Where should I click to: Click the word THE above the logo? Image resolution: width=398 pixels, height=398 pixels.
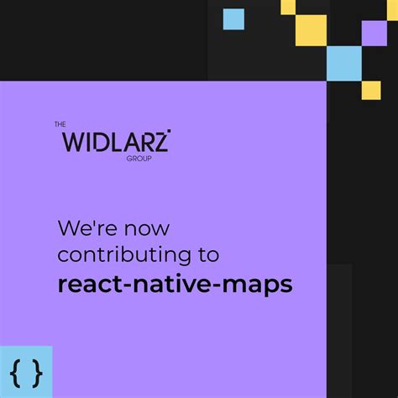[x=60, y=125]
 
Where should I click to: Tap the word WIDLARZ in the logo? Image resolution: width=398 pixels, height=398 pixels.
[x=116, y=140]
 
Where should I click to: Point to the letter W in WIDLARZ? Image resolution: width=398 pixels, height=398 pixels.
[x=75, y=140]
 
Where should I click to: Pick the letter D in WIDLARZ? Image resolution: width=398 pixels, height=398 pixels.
[x=102, y=140]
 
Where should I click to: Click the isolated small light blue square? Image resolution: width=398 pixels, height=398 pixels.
[x=233, y=18]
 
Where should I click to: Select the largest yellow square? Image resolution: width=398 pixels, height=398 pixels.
[x=311, y=30]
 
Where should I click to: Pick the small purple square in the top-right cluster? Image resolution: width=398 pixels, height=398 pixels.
[x=374, y=33]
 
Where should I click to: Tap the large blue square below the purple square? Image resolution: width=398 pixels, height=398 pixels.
[x=344, y=63]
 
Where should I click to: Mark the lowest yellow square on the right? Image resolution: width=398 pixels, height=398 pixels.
[x=371, y=89]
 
